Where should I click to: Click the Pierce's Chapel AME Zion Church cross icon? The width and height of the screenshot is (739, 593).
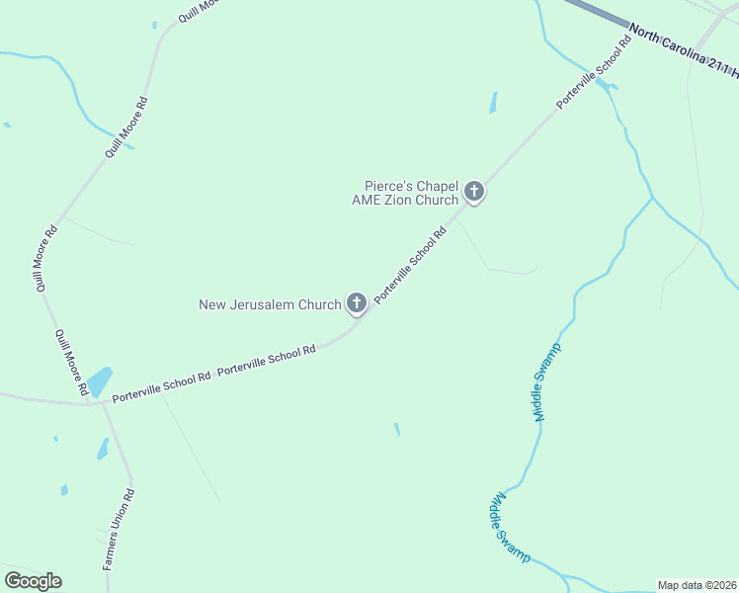474,192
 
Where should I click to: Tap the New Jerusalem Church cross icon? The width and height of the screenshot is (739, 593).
356,304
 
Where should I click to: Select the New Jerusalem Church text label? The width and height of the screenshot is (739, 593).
270,304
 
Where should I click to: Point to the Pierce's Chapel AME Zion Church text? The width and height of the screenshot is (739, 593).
406,192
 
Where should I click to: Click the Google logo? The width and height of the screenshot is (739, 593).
33,581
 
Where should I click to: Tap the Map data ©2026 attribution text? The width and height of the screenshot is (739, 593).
697,585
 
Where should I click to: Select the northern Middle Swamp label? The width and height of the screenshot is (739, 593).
547,381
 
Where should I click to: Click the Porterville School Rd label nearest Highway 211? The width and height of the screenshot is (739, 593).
593,73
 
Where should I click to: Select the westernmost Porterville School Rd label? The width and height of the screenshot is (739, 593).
161,386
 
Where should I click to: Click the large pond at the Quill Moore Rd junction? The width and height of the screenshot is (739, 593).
100,382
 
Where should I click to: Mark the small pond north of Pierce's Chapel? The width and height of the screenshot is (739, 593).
493,103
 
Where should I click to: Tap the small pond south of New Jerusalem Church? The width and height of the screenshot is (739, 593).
397,429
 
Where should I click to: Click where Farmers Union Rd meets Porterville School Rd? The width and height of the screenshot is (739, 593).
103,402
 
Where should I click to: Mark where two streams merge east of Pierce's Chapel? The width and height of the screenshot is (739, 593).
653,198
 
